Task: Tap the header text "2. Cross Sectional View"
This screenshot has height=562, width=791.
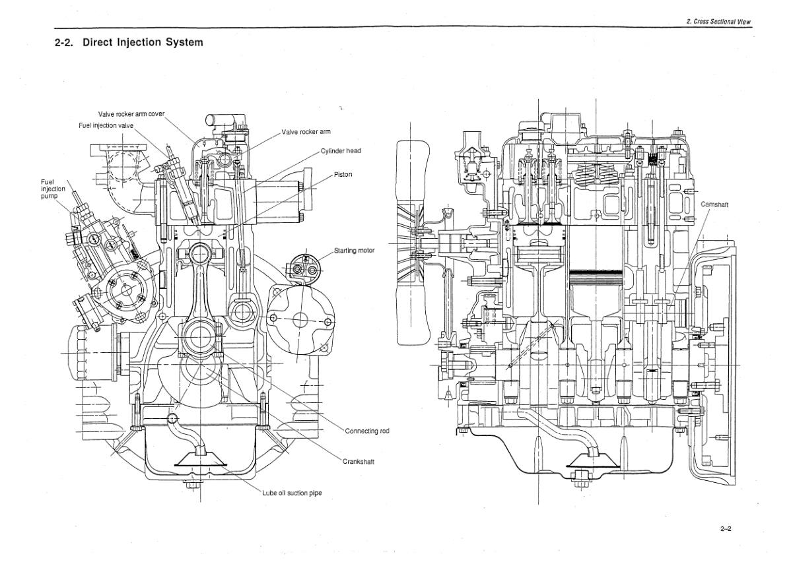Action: pyautogui.click(x=718, y=22)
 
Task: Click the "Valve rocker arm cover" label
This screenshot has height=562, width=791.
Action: pyautogui.click(x=131, y=113)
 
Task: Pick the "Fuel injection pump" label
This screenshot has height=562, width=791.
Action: pyautogui.click(x=53, y=189)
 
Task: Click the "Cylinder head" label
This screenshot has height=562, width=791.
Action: pyautogui.click(x=341, y=150)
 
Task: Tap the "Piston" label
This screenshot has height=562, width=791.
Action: pyautogui.click(x=343, y=174)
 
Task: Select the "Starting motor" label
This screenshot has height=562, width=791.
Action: pyautogui.click(x=354, y=251)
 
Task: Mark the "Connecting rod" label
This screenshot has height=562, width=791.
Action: pyautogui.click(x=366, y=431)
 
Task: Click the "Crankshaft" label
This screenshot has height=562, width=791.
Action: pyautogui.click(x=358, y=461)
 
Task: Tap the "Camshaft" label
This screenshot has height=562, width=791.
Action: pyautogui.click(x=714, y=205)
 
